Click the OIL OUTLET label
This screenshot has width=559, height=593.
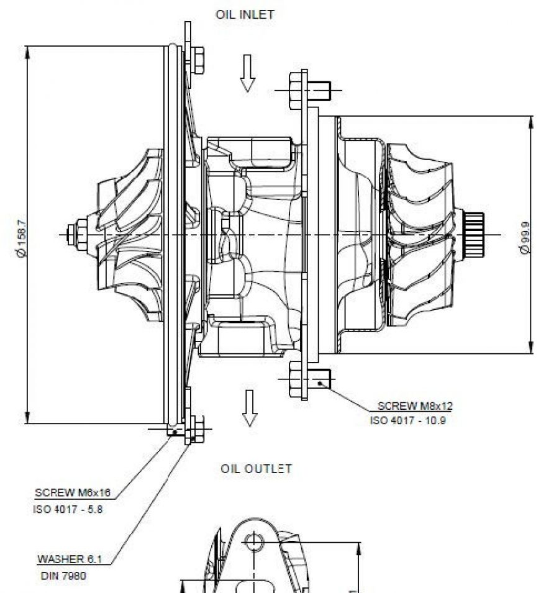256,468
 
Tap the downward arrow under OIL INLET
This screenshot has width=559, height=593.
248,73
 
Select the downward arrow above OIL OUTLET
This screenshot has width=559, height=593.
249,408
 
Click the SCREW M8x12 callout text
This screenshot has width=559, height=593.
415,406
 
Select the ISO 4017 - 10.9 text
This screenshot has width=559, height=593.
407,420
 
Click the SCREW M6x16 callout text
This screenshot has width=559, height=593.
73,493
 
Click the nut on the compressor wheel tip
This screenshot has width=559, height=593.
80,234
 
